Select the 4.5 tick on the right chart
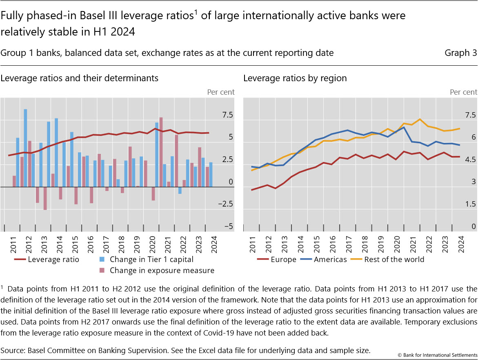468,160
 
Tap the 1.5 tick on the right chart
468,204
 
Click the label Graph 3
460,53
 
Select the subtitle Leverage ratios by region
295,78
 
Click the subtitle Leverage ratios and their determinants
80,78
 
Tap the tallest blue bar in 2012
25,147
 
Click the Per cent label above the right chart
463,92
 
